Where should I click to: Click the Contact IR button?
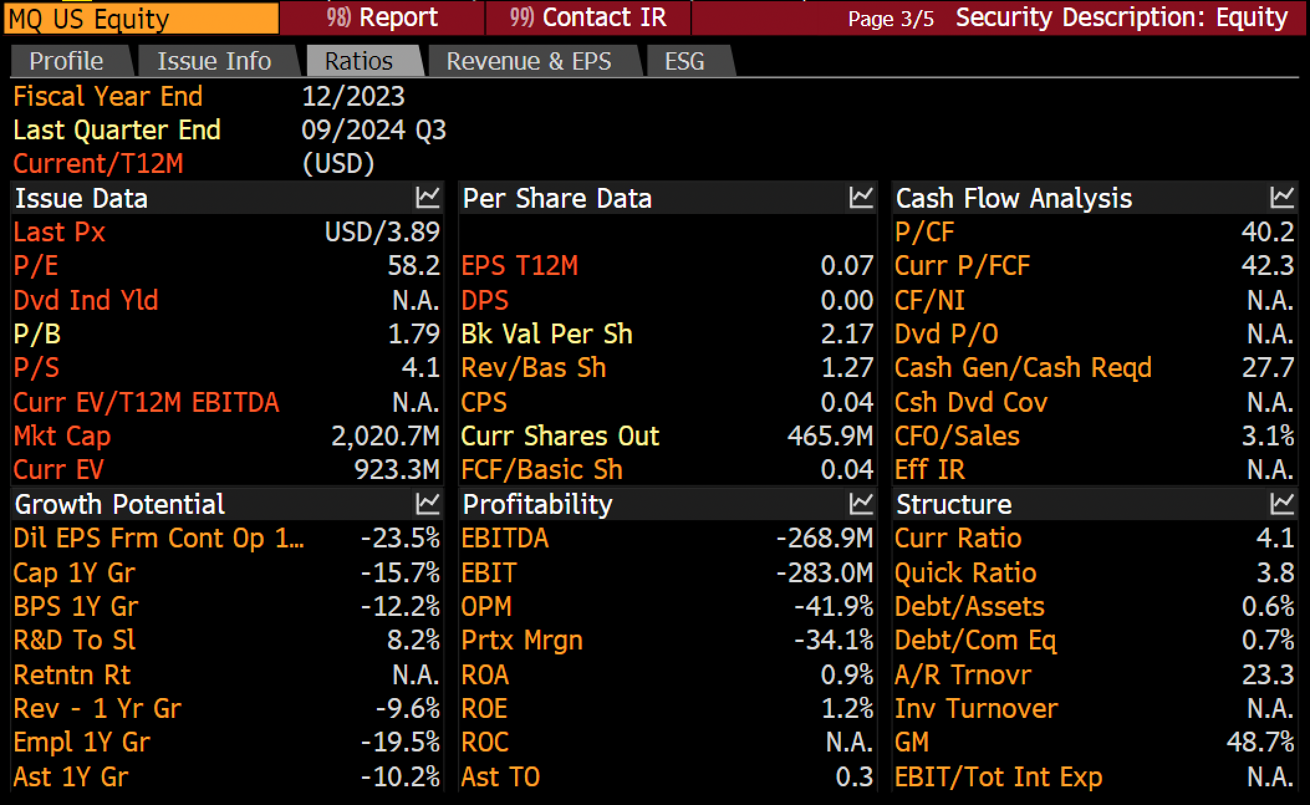pos(588,17)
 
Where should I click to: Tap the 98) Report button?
pos(382,17)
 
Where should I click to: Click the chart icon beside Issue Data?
pos(427,198)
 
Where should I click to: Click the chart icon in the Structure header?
pos(1282,504)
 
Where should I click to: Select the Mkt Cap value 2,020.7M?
pos(386,436)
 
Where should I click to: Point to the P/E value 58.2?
pos(414,266)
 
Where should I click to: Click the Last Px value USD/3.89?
pos(383,232)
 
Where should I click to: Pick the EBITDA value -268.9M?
pos(825,538)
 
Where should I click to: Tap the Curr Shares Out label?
pos(560,436)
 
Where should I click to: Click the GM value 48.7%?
pos(1260,742)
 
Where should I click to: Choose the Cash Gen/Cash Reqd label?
pos(1023,368)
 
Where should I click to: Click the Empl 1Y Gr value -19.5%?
pos(401,742)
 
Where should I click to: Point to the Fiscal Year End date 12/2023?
pos(353,96)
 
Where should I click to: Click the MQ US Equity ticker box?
pos(141,18)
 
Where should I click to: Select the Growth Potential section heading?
pos(119,504)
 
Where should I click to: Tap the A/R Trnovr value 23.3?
pos(1268,675)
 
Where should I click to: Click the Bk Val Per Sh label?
pos(547,334)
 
